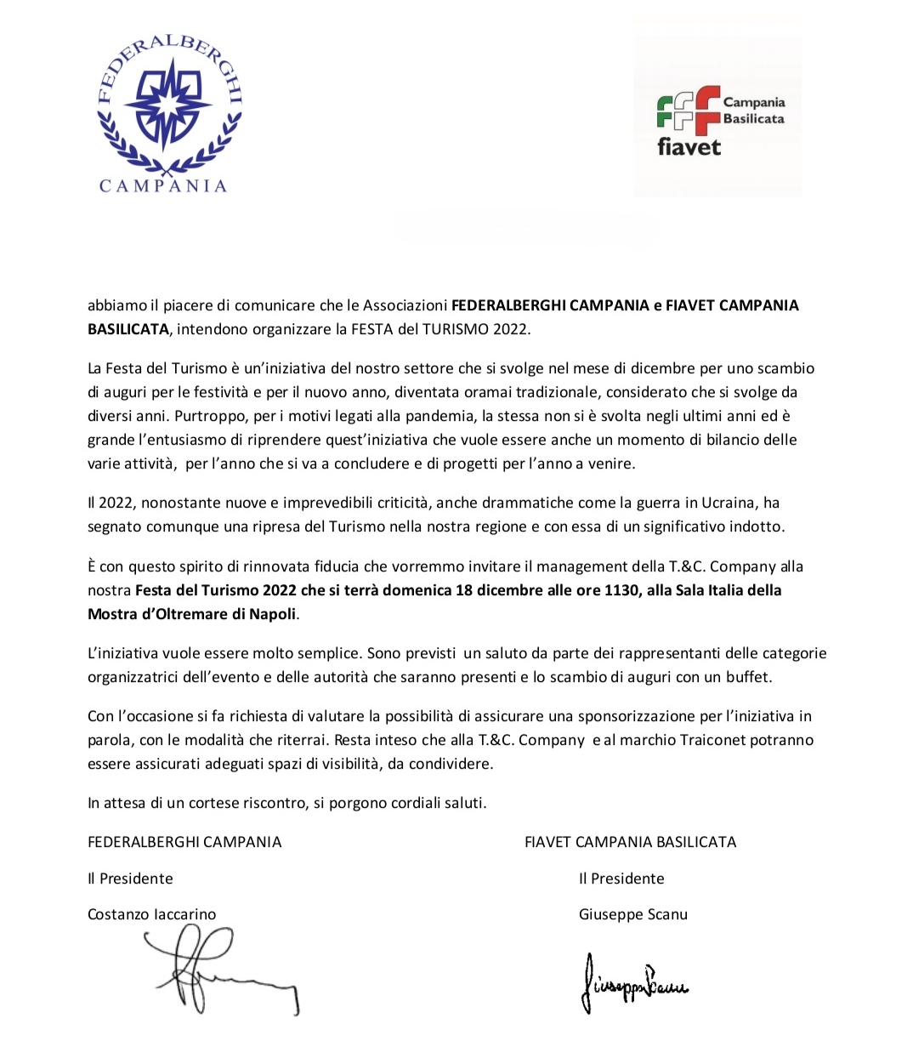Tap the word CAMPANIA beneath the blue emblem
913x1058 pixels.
coord(163,186)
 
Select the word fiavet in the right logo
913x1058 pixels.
coord(689,147)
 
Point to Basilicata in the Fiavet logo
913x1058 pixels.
coord(753,119)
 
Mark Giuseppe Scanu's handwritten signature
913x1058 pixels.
coord(634,984)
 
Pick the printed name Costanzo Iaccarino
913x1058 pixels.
coord(152,914)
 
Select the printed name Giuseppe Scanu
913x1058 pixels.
coord(633,914)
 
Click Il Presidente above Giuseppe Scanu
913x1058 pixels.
coord(621,879)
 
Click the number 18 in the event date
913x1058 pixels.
coord(463,590)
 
